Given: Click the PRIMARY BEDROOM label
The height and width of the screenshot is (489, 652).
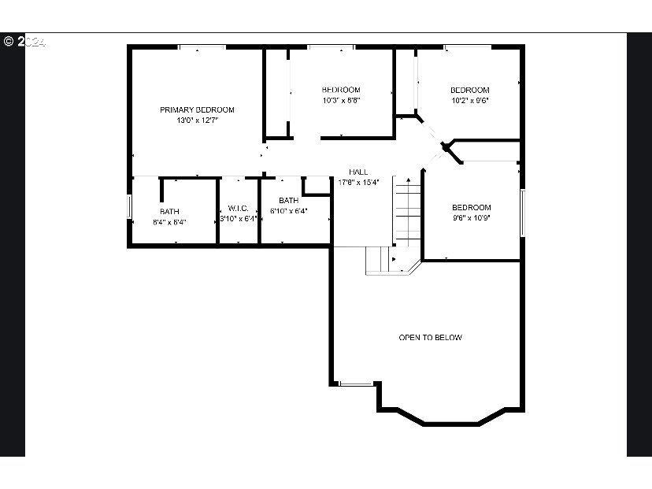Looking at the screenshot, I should pyautogui.click(x=197, y=109).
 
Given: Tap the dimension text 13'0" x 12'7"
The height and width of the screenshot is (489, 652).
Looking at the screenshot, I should pyautogui.click(x=197, y=120).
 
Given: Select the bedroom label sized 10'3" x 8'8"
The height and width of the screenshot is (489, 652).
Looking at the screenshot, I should pyautogui.click(x=341, y=90).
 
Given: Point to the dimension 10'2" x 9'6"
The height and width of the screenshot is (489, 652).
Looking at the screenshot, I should pyautogui.click(x=469, y=101).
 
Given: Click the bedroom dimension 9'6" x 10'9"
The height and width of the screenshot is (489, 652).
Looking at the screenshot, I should pyautogui.click(x=471, y=218).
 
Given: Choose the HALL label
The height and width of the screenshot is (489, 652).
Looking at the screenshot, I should pyautogui.click(x=358, y=172).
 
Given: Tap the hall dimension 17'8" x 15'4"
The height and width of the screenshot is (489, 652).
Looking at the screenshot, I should pyautogui.click(x=358, y=182).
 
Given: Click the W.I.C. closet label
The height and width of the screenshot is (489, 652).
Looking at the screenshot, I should pyautogui.click(x=239, y=208).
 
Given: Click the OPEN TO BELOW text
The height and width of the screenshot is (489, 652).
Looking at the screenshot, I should pyautogui.click(x=430, y=337).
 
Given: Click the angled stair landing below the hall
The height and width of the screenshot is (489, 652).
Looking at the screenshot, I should pyautogui.click(x=393, y=261).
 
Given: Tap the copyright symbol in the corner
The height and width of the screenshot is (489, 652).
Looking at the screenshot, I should pyautogui.click(x=9, y=41).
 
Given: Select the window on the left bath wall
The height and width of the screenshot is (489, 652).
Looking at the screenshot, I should pyautogui.click(x=130, y=206).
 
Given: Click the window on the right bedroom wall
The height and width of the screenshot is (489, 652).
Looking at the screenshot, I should pyautogui.click(x=521, y=212).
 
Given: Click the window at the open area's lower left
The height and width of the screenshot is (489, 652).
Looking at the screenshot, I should pyautogui.click(x=355, y=384).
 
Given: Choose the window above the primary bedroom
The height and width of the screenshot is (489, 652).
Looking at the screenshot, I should pyautogui.click(x=202, y=47).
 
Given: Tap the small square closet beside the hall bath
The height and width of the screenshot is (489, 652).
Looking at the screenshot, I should pyautogui.click(x=317, y=185).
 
